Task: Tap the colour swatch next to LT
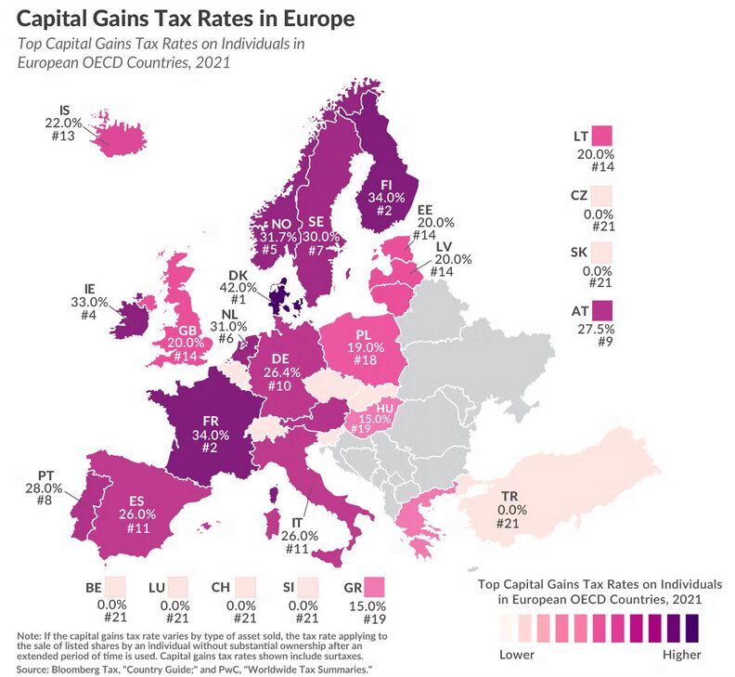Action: (x=601, y=136)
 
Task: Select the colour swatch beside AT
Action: (x=602, y=310)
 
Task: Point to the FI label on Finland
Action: (x=387, y=184)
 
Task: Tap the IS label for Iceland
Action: (x=64, y=109)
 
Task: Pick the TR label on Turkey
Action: (x=509, y=495)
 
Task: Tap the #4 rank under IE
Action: (x=90, y=315)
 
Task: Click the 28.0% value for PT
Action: (x=44, y=488)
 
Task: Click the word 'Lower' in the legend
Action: (x=518, y=654)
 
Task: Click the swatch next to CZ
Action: (x=602, y=195)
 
